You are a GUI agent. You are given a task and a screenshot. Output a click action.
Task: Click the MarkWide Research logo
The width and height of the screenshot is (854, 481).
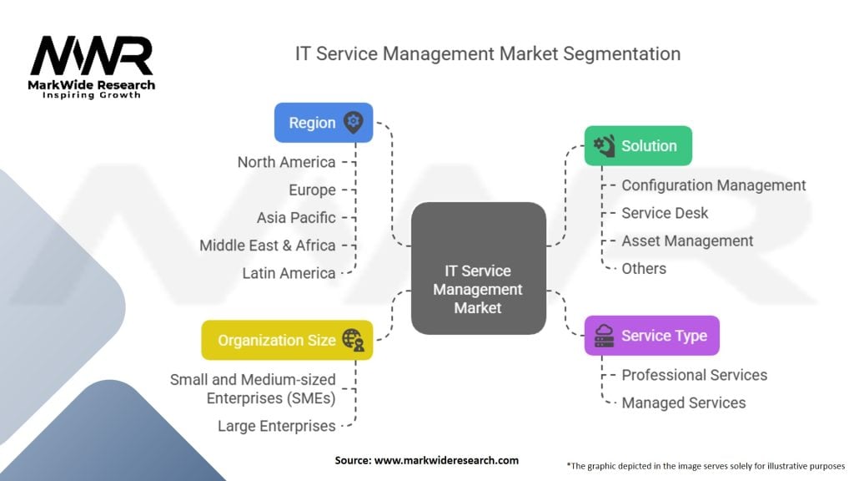coord(92,67)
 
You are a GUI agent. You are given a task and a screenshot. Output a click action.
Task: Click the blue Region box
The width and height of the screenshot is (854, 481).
coord(324,123)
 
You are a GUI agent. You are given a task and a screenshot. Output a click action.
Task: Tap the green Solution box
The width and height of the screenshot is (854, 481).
coord(638,146)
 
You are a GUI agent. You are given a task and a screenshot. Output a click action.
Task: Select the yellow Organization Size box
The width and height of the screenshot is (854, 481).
coord(287,340)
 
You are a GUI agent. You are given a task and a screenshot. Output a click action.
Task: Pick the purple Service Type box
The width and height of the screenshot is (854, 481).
coord(651,336)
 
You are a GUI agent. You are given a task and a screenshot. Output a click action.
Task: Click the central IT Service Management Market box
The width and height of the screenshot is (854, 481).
coord(478,289)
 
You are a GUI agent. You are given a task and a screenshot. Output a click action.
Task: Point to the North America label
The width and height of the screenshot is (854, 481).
coord(286,162)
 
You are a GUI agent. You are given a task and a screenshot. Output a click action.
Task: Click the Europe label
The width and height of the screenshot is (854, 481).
coord(312,190)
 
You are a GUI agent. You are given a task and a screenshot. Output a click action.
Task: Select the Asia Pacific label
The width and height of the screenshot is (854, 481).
coord(296,217)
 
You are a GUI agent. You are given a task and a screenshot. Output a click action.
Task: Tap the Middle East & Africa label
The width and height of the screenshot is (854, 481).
coord(267,245)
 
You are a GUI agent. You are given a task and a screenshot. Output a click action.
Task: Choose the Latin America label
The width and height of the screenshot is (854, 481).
coord(289,272)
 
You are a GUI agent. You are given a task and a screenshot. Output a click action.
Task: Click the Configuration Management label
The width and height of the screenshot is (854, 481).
coord(713,185)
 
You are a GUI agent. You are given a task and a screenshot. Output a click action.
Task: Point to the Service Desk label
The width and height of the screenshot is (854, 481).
coord(665,213)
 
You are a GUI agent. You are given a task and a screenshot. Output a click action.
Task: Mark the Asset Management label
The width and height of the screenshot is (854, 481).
coord(687,240)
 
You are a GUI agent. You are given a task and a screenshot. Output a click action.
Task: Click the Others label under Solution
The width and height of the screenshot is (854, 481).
coord(644,268)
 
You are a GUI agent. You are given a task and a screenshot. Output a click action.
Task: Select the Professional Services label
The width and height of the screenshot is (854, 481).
coord(694,375)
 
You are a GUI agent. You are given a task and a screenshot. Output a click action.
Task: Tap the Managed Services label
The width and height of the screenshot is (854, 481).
coord(683,403)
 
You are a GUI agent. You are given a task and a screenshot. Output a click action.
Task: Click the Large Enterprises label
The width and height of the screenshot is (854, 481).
coord(276,426)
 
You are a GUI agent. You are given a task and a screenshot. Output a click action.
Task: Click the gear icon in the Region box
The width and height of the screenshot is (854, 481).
coord(354,123)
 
